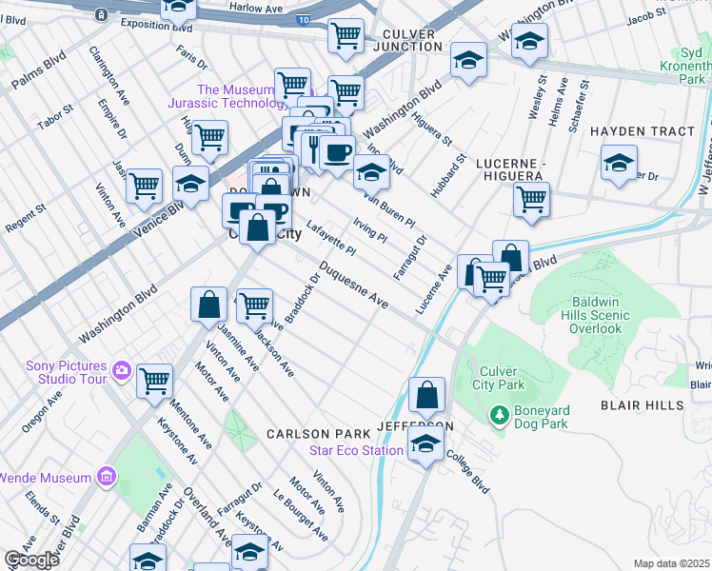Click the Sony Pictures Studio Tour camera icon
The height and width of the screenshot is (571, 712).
tap(121, 370)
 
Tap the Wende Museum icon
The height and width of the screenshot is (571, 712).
tap(106, 476)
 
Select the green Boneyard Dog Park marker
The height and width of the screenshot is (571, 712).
tap(498, 415)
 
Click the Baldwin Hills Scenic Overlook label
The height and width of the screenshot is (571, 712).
tap(582, 314)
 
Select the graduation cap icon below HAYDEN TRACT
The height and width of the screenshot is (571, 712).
tap(619, 164)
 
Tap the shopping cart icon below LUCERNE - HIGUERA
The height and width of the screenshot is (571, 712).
tap(531, 201)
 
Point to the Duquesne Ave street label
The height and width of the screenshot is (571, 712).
tap(353, 285)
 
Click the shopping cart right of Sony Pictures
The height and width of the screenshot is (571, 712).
tap(154, 382)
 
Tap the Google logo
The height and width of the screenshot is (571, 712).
tap(31, 560)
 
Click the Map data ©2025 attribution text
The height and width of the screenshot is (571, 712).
tap(671, 563)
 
